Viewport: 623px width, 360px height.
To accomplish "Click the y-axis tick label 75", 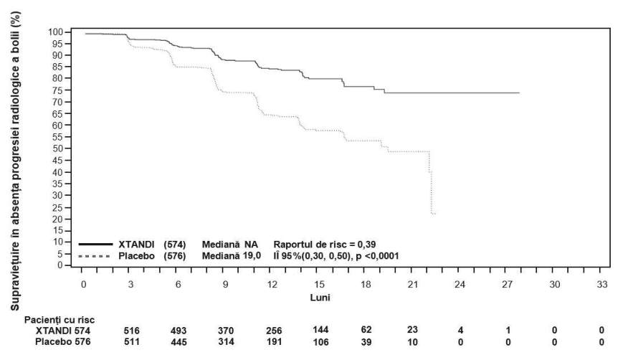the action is pos(57,90).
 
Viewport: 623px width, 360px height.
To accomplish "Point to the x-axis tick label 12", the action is pos(272,285).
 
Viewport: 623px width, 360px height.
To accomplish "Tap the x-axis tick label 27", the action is pos(508,285).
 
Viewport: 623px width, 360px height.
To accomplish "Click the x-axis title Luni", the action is pos(320,297).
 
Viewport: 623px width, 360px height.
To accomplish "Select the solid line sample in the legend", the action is pos(95,244).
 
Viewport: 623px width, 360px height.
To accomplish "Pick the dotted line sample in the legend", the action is pos(94,256).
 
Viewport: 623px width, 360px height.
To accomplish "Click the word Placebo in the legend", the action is pos(136,256).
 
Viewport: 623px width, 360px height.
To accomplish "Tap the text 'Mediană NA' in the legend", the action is pos(229,244).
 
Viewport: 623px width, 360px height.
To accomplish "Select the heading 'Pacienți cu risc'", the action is pos(60,320).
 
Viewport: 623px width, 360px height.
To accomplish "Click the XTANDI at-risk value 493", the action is pos(179,331).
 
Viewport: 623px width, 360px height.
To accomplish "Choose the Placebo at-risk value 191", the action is pos(273,342).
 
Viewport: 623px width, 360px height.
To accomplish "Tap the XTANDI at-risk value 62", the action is pos(366,330).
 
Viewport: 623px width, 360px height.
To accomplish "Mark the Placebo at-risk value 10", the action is pos(412,342).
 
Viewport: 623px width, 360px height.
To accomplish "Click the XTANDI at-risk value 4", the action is pos(460,330).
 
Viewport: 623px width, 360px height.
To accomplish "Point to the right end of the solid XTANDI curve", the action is pos(519,93).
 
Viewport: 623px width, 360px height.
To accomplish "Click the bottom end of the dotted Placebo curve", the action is pos(435,214).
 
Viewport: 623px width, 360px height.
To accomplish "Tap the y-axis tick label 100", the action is pos(55,32).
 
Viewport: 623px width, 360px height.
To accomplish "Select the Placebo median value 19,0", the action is pos(252,255).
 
